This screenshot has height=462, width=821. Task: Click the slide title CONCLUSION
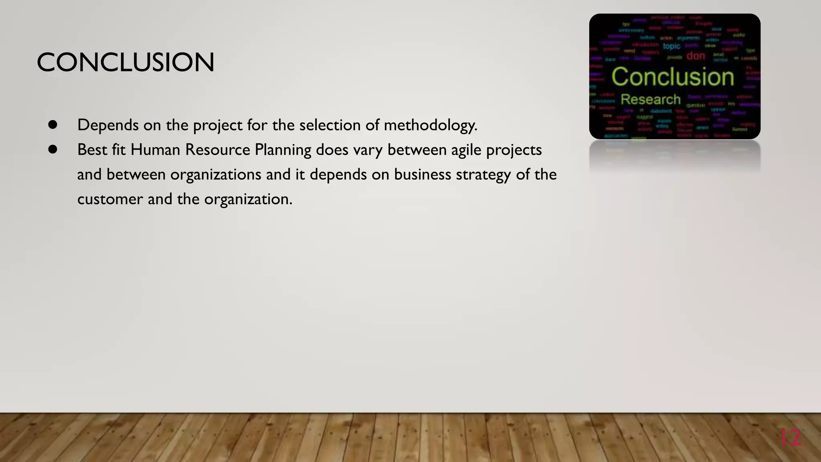pos(125,63)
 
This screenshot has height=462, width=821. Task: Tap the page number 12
pos(791,438)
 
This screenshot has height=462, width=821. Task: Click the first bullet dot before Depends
pos(53,125)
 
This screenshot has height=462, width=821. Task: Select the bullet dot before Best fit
pos(53,150)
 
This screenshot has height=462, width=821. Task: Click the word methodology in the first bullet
pos(430,126)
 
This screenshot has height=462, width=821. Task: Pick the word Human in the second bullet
pos(155,150)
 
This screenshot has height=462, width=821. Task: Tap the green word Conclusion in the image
pos(673,77)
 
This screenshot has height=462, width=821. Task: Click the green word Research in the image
pos(651,99)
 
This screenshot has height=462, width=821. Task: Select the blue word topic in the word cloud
pos(671,47)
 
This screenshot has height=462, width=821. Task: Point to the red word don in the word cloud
pos(696,56)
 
